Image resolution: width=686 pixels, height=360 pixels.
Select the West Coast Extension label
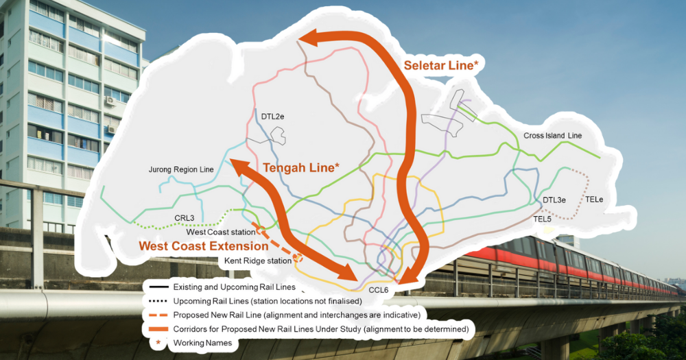204,245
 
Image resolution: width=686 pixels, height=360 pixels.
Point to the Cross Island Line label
552,136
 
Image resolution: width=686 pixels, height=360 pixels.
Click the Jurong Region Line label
181,169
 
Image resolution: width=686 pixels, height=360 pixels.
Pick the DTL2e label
272,117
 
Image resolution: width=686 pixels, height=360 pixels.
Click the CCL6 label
379,290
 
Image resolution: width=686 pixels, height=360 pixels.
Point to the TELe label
593,200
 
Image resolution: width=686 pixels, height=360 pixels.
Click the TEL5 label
543,219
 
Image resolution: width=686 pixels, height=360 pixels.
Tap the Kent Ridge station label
257,261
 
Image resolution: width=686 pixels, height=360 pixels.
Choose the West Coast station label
221,232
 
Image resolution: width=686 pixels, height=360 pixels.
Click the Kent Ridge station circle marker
298,259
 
